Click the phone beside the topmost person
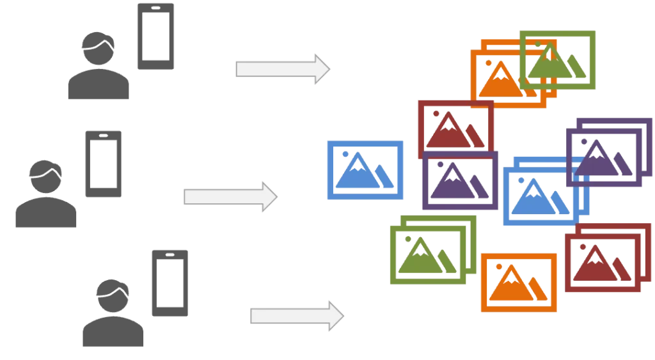155,35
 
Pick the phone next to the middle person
103,163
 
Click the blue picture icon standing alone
365,171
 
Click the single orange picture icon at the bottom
517,283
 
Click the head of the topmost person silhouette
100,48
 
